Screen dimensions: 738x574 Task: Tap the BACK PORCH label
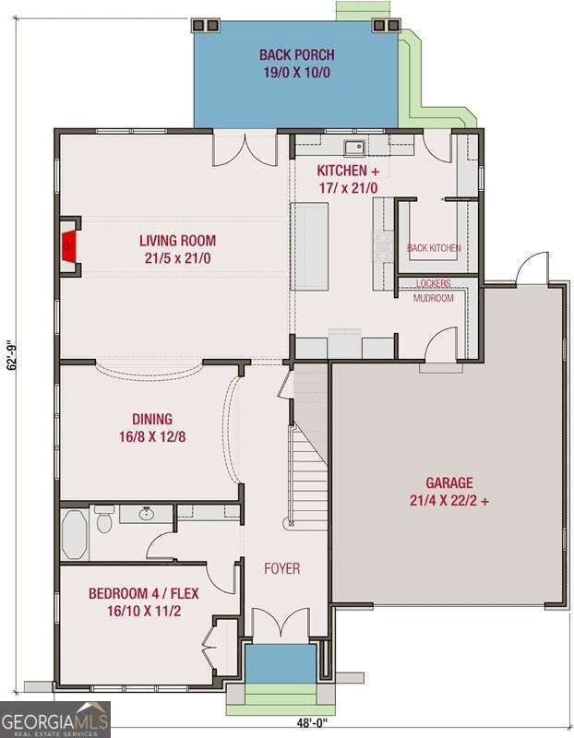tap(296, 55)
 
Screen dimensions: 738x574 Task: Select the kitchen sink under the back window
tap(353, 147)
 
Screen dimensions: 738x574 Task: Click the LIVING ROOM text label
tap(178, 241)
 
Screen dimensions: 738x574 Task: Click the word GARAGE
tap(448, 482)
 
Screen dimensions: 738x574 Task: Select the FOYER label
tap(281, 568)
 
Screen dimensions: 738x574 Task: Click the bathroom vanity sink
tap(146, 513)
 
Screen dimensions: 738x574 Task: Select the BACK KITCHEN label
tap(433, 248)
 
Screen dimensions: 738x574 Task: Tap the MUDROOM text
tap(433, 298)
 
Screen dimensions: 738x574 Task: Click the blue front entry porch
tap(279, 663)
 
